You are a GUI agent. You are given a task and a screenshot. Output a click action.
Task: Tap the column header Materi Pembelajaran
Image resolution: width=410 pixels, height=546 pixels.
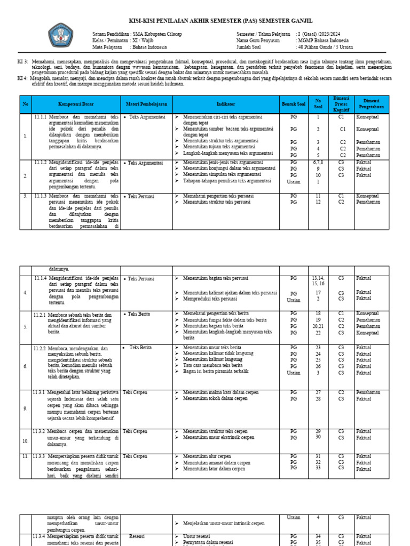pyautogui.click(x=147, y=103)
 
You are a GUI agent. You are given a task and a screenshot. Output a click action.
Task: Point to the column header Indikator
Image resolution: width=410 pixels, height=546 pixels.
pyautogui.click(x=226, y=103)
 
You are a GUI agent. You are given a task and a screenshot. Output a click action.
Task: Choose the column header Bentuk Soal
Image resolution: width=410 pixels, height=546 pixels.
pyautogui.click(x=294, y=103)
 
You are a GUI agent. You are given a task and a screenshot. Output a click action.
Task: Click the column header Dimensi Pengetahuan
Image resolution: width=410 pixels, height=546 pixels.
pyautogui.click(x=372, y=103)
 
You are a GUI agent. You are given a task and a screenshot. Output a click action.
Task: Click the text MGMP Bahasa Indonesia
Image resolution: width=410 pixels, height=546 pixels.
pyautogui.click(x=324, y=41)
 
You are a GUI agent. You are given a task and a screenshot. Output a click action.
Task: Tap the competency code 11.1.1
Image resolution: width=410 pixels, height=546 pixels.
pyautogui.click(x=40, y=116)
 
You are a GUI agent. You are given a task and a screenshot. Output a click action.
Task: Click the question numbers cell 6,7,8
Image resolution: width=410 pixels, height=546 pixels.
pyautogui.click(x=318, y=162)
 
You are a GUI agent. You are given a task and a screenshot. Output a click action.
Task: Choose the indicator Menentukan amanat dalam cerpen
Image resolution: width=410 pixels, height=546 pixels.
pyautogui.click(x=216, y=463)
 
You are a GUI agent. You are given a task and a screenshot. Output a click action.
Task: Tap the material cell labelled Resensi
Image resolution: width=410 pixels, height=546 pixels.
pyautogui.click(x=137, y=536)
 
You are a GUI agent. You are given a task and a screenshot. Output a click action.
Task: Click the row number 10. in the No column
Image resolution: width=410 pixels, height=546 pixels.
pyautogui.click(x=26, y=441)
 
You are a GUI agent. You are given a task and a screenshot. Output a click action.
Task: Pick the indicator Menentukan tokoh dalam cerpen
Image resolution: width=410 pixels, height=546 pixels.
pyautogui.click(x=215, y=398)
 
